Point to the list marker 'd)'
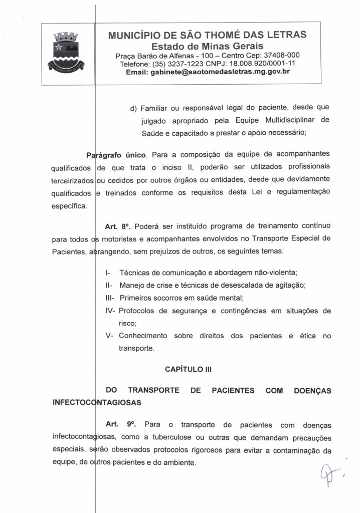[133, 108]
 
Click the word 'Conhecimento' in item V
[142, 336]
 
